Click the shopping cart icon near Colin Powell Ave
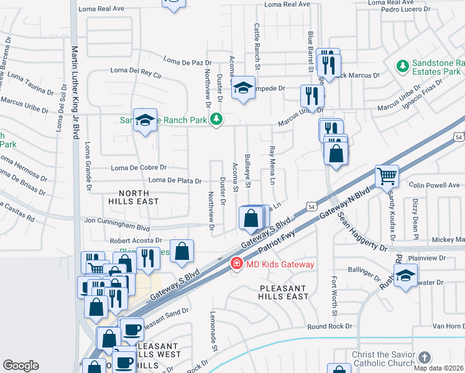387,176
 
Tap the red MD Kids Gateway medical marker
236,264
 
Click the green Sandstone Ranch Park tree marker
216,119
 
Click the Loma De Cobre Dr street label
139,168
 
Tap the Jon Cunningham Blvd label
117,220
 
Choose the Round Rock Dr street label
329,326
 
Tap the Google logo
21,366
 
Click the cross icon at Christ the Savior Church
424,357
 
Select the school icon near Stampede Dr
243,88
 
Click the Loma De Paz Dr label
188,62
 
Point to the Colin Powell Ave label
434,185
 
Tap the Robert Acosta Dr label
136,241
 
